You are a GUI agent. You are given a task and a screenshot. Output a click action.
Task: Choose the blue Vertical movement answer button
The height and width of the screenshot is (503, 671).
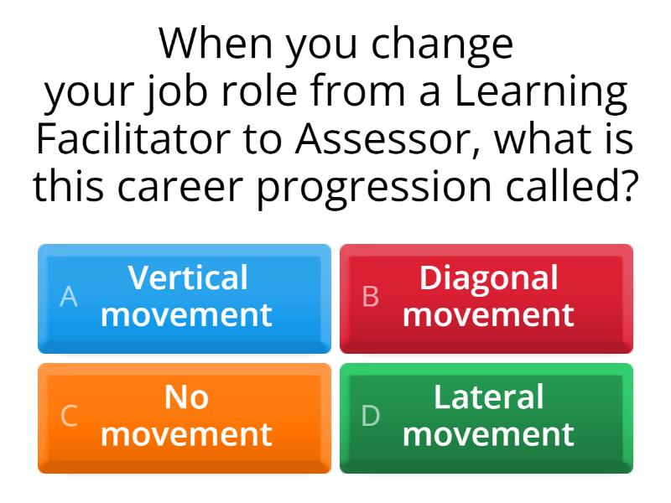185,298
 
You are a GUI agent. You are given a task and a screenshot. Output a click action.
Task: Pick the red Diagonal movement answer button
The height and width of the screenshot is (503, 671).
486,298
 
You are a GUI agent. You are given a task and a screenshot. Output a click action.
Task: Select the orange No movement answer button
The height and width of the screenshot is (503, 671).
185,417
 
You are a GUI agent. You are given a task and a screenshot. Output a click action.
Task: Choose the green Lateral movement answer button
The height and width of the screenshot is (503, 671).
486,417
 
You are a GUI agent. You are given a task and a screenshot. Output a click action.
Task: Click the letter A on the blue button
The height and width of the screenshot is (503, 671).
69,297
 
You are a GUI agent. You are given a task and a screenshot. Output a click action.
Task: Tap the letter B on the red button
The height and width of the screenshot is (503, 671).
370,297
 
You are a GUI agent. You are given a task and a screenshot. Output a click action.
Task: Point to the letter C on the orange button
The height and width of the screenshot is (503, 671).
69,416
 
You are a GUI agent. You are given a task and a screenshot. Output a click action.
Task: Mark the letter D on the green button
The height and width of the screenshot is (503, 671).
370,416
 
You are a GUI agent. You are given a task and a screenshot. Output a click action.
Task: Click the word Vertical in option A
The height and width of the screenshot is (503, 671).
188,277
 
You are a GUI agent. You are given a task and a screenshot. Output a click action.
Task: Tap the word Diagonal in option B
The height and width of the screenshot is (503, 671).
489,277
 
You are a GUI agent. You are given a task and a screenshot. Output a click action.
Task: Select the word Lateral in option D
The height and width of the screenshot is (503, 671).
489,397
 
